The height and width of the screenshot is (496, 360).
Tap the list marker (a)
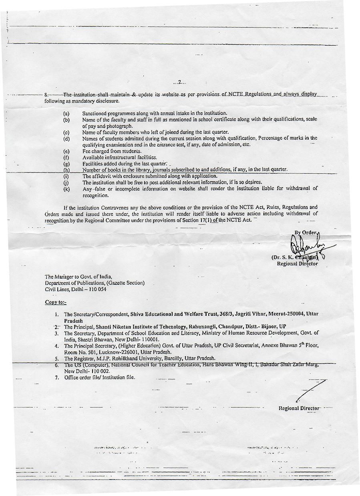coord(66,114)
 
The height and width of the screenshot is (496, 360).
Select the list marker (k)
coord(66,189)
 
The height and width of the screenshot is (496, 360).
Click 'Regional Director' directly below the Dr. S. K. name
coord(298,263)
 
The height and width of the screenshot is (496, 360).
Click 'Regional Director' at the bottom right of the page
coord(299,408)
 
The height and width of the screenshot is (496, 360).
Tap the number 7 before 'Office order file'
coord(56,377)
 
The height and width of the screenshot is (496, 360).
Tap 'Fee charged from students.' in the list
coord(112,151)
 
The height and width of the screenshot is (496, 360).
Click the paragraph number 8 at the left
coord(46,95)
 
